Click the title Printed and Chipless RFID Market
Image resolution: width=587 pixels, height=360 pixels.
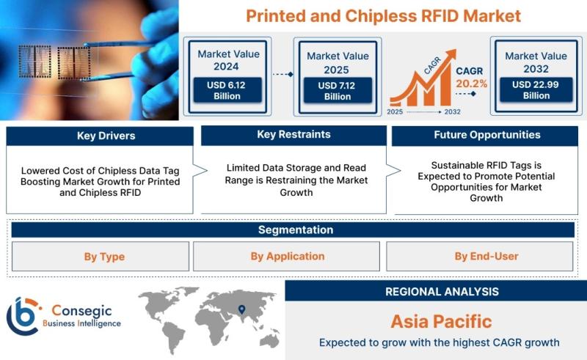click(383, 16)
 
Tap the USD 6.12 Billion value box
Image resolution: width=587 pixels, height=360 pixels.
click(227, 90)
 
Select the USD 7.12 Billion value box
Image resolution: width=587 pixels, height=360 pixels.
click(338, 91)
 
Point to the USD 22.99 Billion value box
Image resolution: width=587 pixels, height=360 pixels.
click(536, 89)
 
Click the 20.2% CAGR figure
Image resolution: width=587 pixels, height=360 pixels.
click(471, 84)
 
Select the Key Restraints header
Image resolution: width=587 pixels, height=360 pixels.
click(294, 135)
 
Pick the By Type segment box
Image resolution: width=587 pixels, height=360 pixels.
click(101, 257)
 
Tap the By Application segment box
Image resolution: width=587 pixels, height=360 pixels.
click(286, 257)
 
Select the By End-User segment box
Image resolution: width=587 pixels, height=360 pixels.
click(480, 257)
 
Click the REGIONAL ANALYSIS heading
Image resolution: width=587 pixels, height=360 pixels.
click(442, 292)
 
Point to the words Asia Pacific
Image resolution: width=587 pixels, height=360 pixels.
click(442, 321)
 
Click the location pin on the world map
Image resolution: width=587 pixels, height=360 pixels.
click(242, 309)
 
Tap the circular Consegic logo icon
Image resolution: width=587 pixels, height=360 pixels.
click(23, 316)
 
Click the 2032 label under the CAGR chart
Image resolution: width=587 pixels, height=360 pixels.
click(452, 111)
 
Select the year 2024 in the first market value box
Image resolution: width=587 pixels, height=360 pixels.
click(226, 67)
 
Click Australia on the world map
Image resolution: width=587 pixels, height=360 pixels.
click(269, 340)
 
